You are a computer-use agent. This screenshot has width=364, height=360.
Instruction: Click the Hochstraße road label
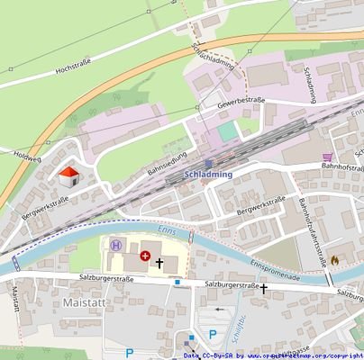(75, 67)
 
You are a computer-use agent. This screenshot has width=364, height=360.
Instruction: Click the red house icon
(67, 175)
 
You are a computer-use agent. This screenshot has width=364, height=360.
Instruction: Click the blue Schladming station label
(207, 174)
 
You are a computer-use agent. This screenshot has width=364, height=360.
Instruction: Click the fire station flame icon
(335, 259)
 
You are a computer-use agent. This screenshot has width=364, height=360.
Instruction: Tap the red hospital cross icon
(145, 256)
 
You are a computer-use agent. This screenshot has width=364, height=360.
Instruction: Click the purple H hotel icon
(115, 245)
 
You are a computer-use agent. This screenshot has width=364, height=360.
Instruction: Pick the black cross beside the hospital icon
(160, 263)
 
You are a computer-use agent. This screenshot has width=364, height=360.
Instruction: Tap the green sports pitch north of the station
(228, 131)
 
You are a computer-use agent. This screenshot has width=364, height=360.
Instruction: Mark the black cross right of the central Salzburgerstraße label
(264, 289)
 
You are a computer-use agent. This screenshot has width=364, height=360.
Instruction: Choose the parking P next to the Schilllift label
(213, 334)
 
